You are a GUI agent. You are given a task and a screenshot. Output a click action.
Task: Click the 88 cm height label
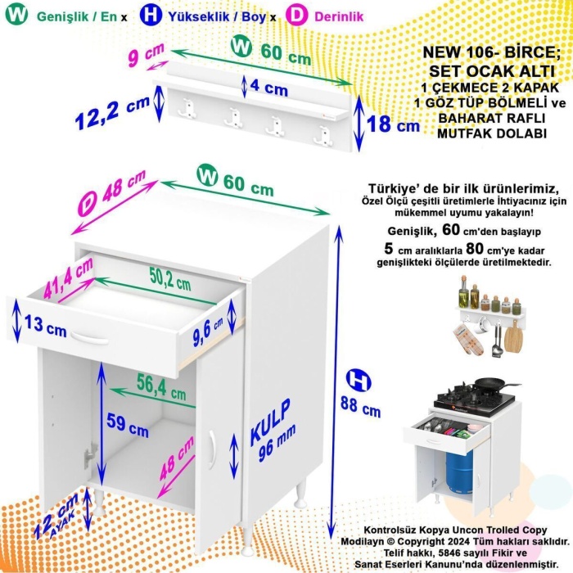(360, 404)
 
